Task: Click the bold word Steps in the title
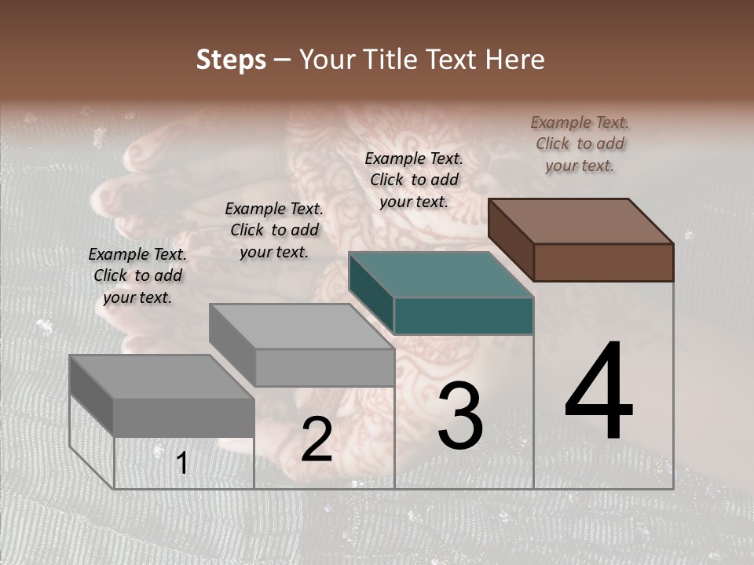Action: [231, 60]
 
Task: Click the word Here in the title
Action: [514, 60]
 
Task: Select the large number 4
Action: [598, 392]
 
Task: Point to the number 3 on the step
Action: [460, 415]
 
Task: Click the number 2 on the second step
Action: [317, 440]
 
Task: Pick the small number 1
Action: [182, 464]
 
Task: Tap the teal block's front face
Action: [463, 316]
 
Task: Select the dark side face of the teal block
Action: [371, 292]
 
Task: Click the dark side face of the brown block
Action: [511, 239]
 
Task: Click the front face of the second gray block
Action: [324, 367]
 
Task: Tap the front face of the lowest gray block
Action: [184, 417]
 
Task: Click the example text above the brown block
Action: [580, 144]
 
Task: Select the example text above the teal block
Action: [414, 180]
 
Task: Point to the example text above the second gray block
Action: [274, 230]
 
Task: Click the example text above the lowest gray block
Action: [137, 275]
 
